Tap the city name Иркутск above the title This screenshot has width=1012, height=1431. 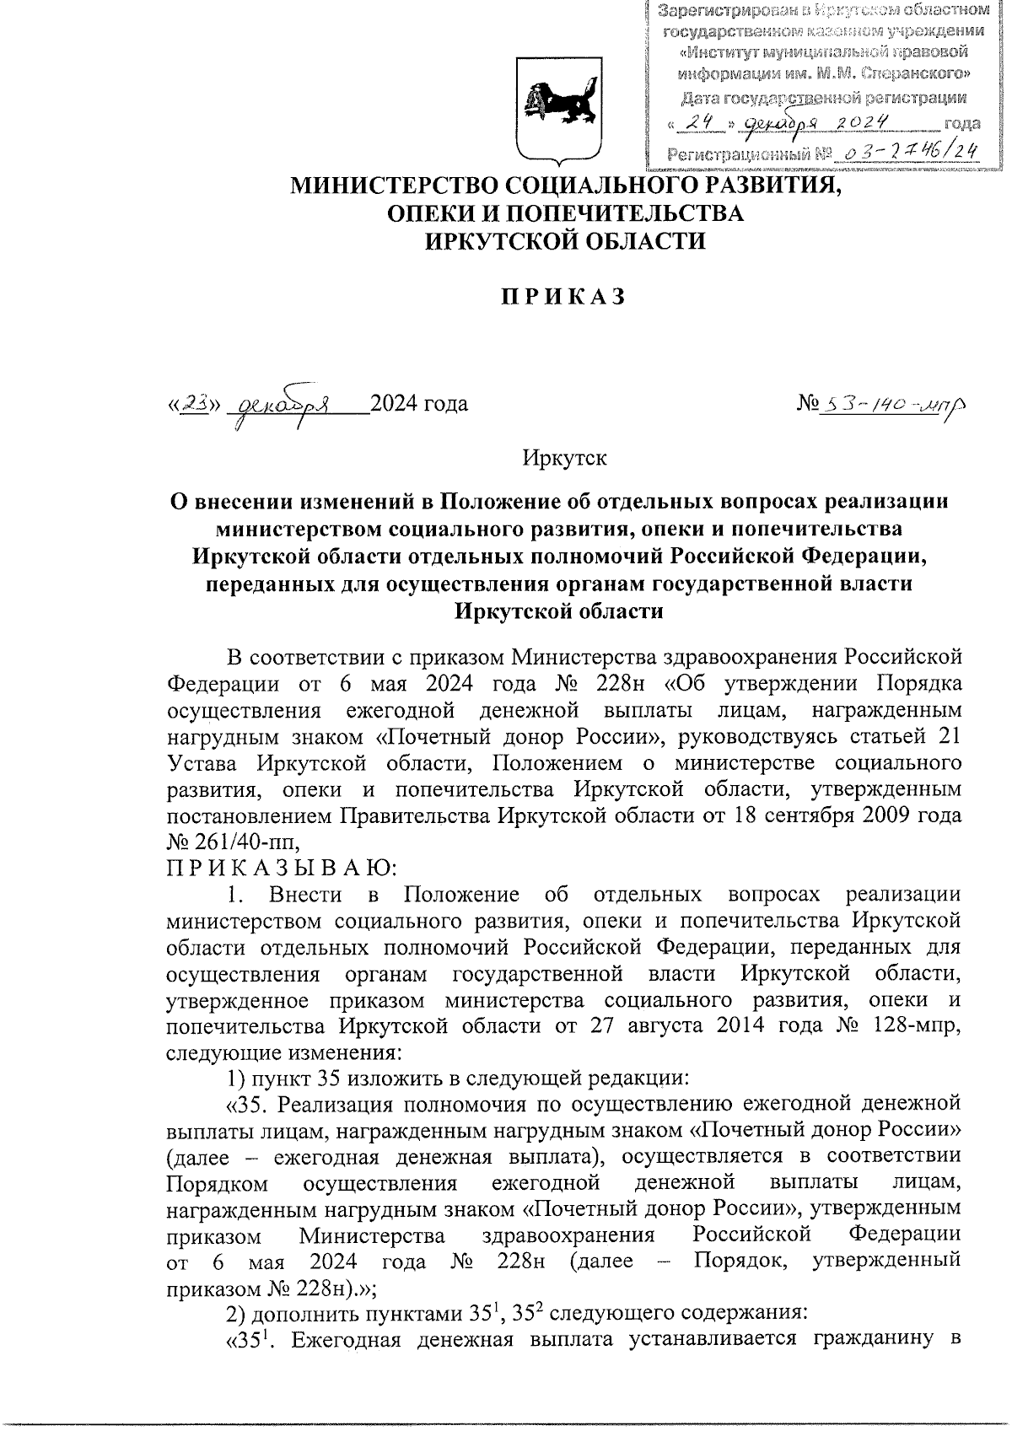(564, 460)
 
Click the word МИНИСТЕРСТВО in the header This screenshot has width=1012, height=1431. (396, 185)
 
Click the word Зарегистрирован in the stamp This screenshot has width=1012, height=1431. (730, 12)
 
